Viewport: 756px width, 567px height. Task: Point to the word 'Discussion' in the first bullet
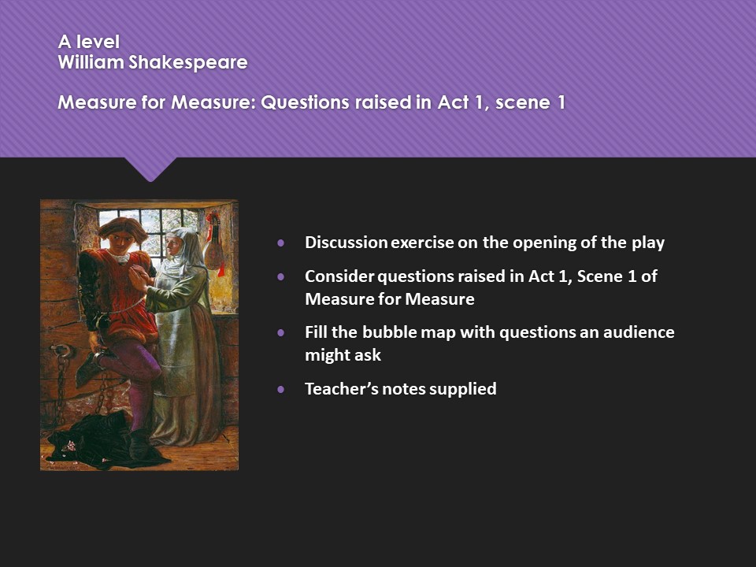pos(346,243)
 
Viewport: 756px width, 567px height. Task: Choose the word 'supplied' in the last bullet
pos(465,388)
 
